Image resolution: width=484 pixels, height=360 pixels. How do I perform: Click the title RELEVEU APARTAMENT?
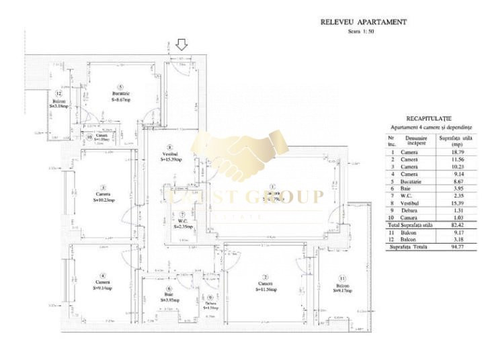point(363,21)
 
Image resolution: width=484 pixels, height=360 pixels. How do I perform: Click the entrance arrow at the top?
point(182,45)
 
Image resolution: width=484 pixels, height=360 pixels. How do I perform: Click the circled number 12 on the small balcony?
point(59,94)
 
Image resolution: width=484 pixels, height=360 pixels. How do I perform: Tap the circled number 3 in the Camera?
point(103,187)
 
